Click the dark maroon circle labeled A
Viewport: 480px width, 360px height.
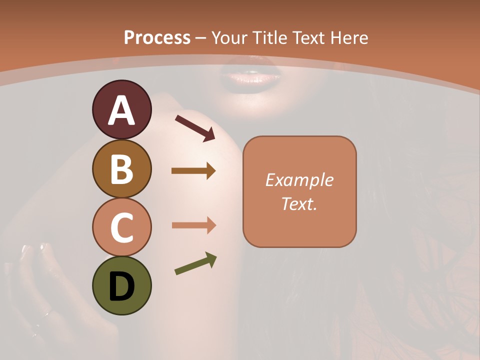121,109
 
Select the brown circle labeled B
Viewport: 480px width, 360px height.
121,168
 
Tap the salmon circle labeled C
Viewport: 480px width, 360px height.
121,227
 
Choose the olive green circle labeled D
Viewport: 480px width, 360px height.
121,286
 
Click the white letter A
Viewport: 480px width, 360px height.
122,110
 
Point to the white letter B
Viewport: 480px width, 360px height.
121,169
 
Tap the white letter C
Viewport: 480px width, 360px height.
121,228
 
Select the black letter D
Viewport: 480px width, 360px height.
121,286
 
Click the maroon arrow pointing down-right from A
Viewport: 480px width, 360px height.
195,128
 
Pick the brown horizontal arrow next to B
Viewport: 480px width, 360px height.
193,171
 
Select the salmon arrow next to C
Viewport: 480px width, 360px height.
193,225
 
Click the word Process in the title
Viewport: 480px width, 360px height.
157,38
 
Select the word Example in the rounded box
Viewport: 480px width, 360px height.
299,180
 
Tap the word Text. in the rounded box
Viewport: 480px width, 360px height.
299,204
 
